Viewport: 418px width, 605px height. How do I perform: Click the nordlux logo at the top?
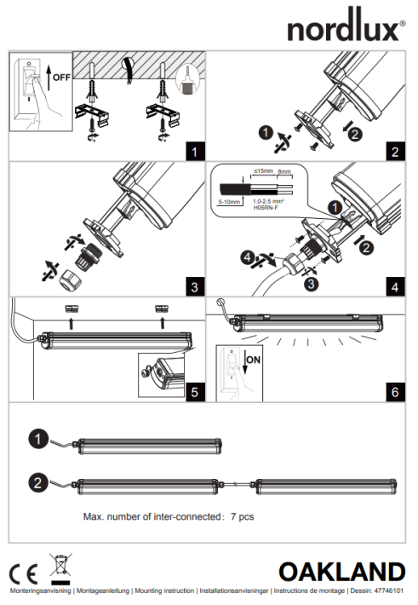[x=346, y=26]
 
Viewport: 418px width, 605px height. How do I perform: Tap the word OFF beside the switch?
[x=61, y=78]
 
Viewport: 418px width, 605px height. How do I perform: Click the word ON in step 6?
[x=254, y=360]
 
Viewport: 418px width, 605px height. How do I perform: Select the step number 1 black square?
[x=195, y=152]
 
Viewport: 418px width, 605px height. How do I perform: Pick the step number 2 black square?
[x=395, y=152]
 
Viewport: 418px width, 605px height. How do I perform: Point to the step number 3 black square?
[x=195, y=287]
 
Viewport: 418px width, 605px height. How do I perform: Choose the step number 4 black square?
[x=395, y=287]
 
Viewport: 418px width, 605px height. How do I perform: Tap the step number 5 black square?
[x=195, y=392]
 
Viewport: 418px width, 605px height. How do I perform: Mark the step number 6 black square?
[x=395, y=392]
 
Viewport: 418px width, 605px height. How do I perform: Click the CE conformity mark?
[x=24, y=574]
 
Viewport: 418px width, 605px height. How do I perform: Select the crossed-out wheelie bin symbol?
[x=60, y=569]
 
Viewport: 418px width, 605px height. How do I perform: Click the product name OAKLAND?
[x=342, y=572]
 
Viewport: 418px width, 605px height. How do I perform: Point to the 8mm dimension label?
[x=284, y=171]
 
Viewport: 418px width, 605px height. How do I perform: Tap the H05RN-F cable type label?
[x=266, y=208]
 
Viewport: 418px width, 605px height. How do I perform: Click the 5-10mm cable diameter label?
[x=229, y=202]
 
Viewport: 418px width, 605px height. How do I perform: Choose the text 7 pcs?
[x=242, y=516]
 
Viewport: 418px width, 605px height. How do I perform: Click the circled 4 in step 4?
[x=247, y=257]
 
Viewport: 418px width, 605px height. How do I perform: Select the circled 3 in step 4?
[x=312, y=284]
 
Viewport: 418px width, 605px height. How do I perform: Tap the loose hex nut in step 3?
[x=69, y=279]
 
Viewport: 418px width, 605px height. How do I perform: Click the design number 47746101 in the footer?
[x=389, y=591]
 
